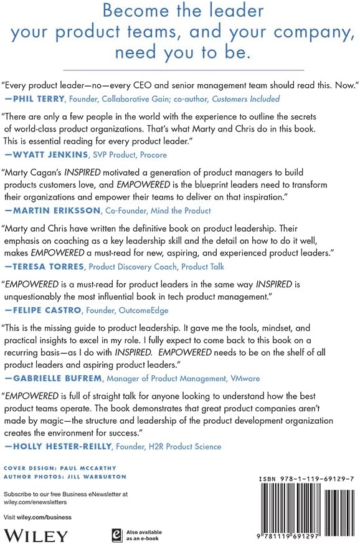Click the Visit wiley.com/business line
point(37,517)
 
